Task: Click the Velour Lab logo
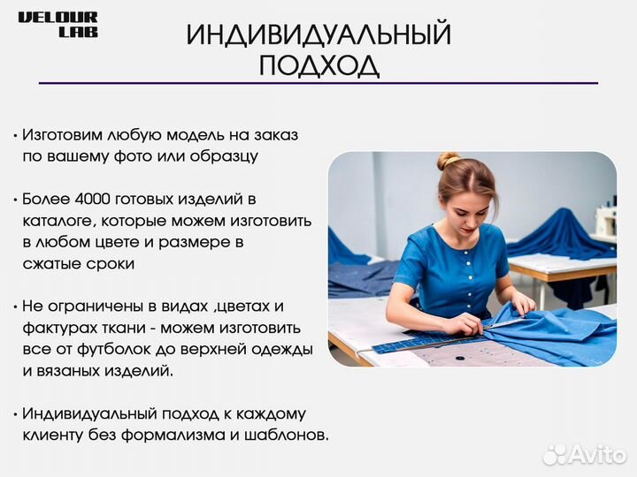tap(58, 25)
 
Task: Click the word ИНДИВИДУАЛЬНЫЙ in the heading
tap(318, 35)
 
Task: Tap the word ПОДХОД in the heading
tap(318, 65)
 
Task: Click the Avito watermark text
tap(598, 455)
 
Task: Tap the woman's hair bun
tap(449, 160)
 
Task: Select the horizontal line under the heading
tap(318, 83)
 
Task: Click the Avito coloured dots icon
tap(554, 455)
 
